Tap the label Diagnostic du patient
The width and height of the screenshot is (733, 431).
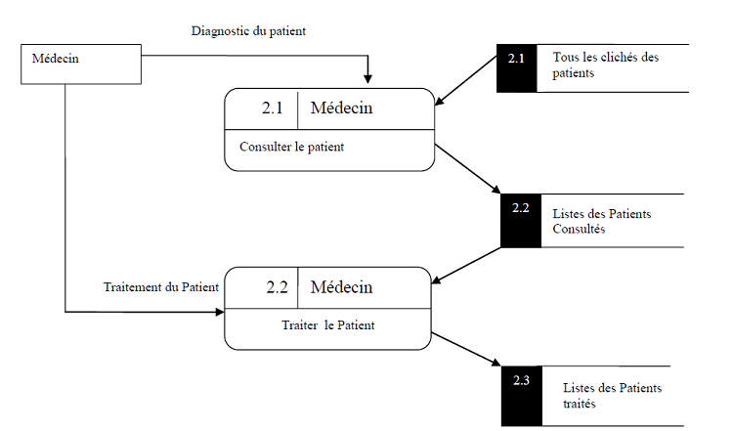[x=248, y=31]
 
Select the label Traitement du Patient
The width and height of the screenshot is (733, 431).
[x=160, y=287]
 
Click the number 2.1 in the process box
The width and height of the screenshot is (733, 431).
[x=273, y=109]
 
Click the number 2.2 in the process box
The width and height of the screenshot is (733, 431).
[x=277, y=287]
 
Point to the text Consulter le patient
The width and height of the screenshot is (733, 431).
[x=291, y=148]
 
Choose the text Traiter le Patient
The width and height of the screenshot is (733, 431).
[x=314, y=325]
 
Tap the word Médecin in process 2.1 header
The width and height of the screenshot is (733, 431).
[x=341, y=109]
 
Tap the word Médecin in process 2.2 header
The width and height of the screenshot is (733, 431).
[x=341, y=287]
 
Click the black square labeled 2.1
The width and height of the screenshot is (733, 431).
[x=516, y=68]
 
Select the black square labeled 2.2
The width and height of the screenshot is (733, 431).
[x=520, y=219]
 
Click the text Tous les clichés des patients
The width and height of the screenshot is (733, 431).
[x=606, y=65]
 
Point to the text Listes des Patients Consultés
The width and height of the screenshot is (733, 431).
[x=602, y=221]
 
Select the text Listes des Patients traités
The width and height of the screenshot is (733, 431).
[x=612, y=395]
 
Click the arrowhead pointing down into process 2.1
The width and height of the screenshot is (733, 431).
[x=368, y=81]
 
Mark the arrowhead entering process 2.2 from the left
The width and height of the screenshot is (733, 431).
[x=219, y=313]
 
